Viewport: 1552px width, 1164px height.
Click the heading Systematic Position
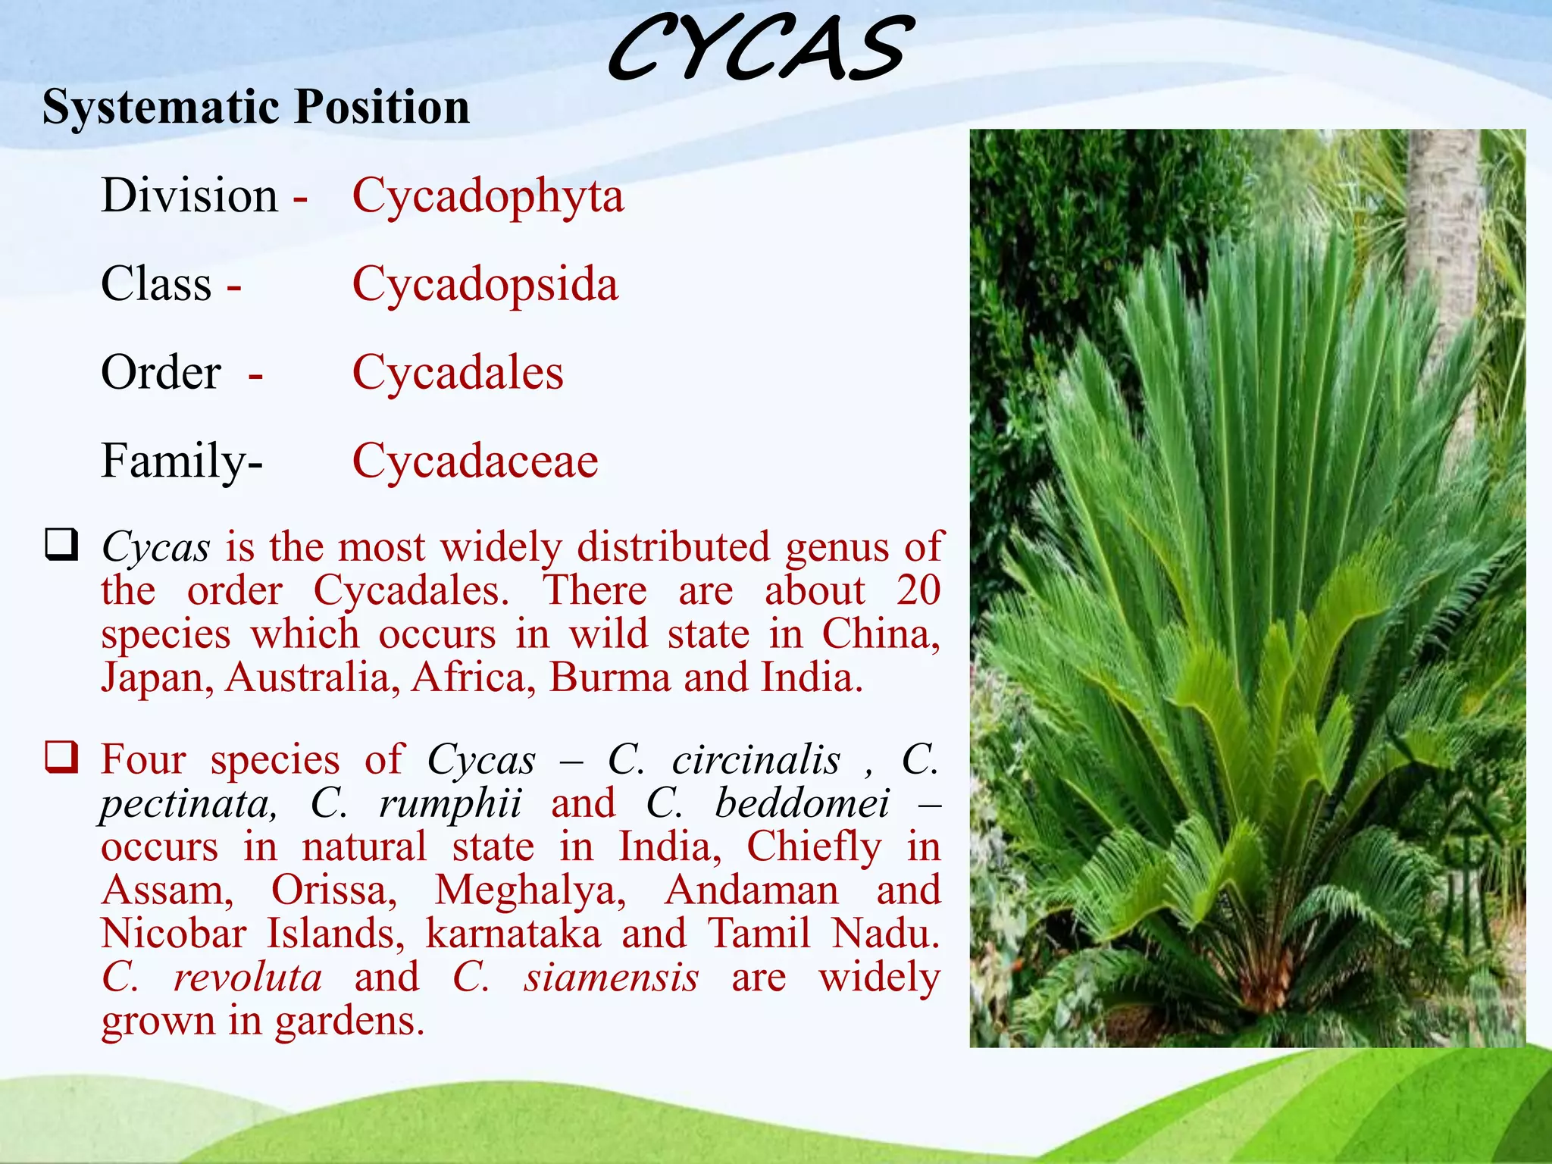(255, 107)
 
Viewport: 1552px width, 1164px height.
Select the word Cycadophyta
(488, 196)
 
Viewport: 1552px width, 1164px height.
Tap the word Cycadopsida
(485, 285)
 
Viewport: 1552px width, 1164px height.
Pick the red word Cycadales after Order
(458, 373)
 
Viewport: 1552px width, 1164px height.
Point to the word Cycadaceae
(475, 461)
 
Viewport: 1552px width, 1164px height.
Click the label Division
(189, 196)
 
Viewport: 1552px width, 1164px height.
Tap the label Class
(156, 285)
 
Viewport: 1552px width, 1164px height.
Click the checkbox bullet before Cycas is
(61, 545)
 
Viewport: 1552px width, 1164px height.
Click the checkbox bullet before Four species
(61, 757)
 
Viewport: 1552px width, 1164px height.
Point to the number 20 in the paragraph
(918, 590)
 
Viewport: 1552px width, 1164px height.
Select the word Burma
(610, 677)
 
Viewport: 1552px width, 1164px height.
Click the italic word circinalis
(756, 759)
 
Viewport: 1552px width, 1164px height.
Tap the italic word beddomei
(803, 803)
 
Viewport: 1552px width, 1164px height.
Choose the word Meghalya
(530, 890)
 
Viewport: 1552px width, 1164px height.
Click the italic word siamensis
(612, 978)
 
